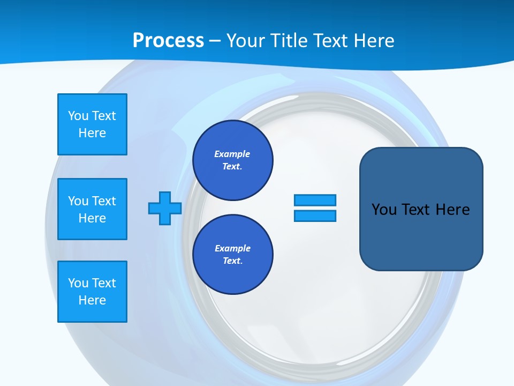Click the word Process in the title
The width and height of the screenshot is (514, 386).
pyautogui.click(x=168, y=40)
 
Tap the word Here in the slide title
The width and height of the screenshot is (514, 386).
pyautogui.click(x=372, y=40)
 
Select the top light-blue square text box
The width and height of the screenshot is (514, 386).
pyautogui.click(x=92, y=124)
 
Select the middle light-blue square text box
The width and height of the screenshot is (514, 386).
pyautogui.click(x=92, y=209)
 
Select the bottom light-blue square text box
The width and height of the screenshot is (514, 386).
pyautogui.click(x=92, y=292)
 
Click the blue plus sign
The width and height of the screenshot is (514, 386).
pyautogui.click(x=165, y=208)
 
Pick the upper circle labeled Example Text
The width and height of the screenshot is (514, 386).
pyautogui.click(x=233, y=160)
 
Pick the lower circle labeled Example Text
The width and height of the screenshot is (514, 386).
pyautogui.click(x=233, y=254)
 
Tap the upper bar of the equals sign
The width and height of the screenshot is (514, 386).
pyautogui.click(x=315, y=200)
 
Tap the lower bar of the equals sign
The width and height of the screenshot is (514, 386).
pyautogui.click(x=315, y=216)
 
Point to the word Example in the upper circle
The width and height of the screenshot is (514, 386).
pyautogui.click(x=232, y=154)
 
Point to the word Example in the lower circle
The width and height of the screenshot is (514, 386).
pyautogui.click(x=232, y=248)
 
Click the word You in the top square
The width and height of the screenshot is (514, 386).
pyautogui.click(x=78, y=116)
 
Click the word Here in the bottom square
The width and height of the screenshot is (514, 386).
pyautogui.click(x=92, y=300)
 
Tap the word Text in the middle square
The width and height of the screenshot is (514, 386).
pyautogui.click(x=104, y=201)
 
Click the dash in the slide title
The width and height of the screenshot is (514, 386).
pyautogui.click(x=215, y=40)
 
